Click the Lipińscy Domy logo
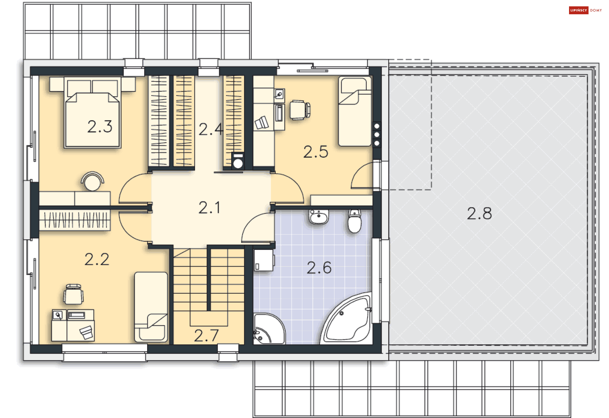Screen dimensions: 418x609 pos(585,10)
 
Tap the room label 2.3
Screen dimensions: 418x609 pos(100,127)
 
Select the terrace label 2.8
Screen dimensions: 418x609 pos(479,213)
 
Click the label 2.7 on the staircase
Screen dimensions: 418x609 pos(206,336)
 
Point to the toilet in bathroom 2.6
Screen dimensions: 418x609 pos(354,221)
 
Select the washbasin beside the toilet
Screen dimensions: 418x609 pos(318,217)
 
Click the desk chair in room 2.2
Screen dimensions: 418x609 pos(74,294)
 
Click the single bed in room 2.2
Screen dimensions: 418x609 pos(151,307)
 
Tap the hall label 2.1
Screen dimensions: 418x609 pos(209,208)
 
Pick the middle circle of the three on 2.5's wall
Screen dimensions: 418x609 pos(377,135)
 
